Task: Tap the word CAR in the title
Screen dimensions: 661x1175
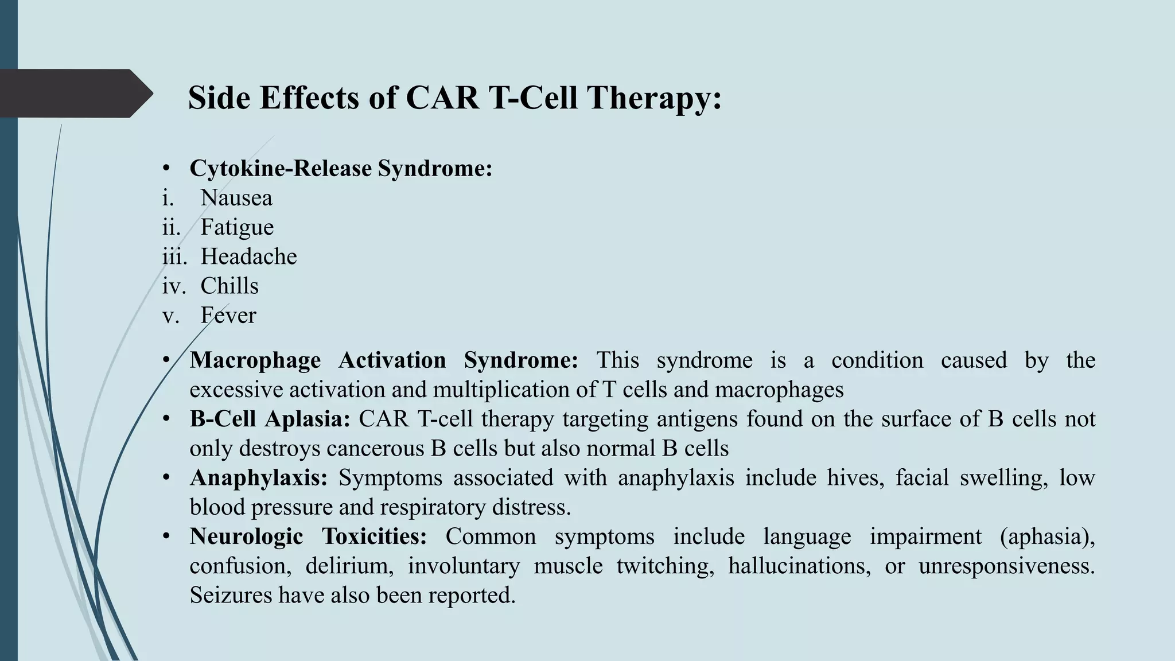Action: point(442,98)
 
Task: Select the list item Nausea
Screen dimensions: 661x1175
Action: point(236,198)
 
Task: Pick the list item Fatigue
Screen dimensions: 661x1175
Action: point(237,227)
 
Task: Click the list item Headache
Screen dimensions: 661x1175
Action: point(248,256)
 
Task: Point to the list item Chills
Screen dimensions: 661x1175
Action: point(229,286)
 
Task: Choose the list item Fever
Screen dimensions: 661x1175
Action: point(228,315)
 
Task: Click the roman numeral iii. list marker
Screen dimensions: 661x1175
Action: point(174,256)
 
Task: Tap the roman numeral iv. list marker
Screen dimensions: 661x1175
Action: point(174,286)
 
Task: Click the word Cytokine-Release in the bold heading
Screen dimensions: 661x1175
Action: point(281,169)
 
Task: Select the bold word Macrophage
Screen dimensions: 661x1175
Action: point(255,360)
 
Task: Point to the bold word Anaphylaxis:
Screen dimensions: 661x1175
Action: point(259,477)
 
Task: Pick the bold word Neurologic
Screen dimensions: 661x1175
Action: point(246,536)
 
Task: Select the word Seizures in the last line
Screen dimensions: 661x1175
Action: point(231,595)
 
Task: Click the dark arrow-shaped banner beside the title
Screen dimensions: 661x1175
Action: point(75,93)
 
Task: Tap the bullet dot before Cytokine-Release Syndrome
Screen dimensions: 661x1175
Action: point(166,169)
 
